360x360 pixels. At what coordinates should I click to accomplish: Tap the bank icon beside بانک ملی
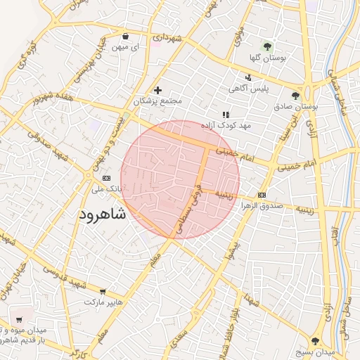click(x=106, y=178)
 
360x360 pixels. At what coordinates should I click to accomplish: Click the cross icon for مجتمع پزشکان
click(x=157, y=90)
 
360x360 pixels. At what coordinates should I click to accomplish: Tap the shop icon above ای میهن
click(x=125, y=36)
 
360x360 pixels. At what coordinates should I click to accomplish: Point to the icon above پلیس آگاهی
click(x=247, y=78)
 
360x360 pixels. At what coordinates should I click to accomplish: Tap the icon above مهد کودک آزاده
click(x=226, y=115)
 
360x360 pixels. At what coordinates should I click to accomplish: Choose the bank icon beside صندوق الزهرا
click(x=262, y=195)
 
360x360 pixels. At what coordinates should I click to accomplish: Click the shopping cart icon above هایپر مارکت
click(x=103, y=291)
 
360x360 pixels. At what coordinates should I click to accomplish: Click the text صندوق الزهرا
click(x=262, y=206)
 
